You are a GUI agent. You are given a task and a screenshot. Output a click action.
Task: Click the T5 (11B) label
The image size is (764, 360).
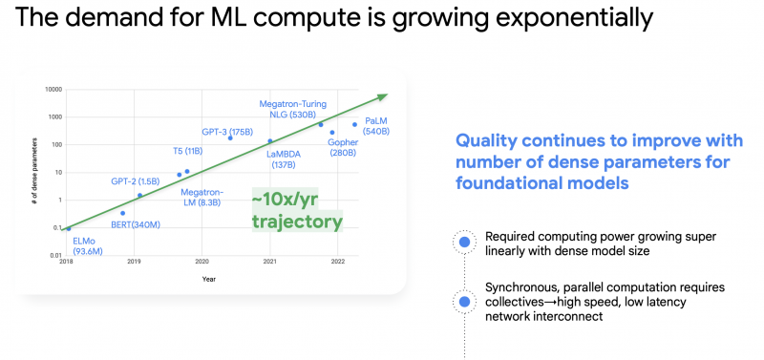pyautogui.click(x=192, y=151)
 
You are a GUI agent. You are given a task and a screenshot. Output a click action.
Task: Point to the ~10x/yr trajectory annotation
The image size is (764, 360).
pyautogui.click(x=296, y=210)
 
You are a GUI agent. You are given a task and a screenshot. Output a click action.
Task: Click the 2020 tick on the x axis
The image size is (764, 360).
pyautogui.click(x=202, y=261)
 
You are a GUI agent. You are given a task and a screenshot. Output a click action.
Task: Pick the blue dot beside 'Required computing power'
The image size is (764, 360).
pyautogui.click(x=465, y=244)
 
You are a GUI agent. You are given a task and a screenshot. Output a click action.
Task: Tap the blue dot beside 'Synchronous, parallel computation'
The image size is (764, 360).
pyautogui.click(x=465, y=301)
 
